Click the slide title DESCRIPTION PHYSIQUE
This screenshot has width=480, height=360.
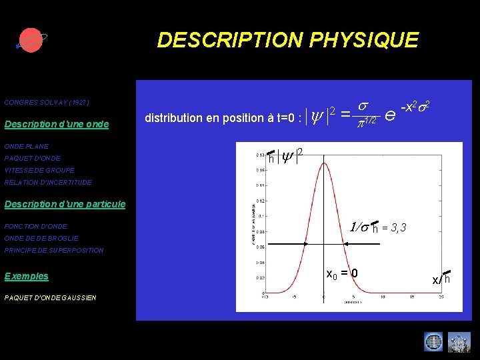coord(287,40)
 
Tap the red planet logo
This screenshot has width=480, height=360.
coord(30,40)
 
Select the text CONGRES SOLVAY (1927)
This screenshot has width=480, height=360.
coord(47,103)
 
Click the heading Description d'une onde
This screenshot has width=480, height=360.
coord(56,124)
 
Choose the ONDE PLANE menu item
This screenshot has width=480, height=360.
coord(26,146)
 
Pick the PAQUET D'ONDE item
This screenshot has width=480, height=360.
coord(32,158)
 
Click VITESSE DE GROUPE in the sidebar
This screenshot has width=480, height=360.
coord(39,170)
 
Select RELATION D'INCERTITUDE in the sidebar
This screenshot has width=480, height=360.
coord(48,182)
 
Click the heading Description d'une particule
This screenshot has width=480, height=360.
coord(65,204)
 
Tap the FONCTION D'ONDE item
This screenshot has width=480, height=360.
coord(35,226)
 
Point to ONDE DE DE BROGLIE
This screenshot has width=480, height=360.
coord(41,238)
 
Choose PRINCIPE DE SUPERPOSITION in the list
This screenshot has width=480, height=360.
coord(54,250)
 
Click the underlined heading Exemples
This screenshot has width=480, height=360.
coord(26,276)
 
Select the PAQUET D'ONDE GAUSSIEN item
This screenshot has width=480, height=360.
coord(50,297)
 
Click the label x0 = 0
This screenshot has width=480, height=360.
coord(342,273)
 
